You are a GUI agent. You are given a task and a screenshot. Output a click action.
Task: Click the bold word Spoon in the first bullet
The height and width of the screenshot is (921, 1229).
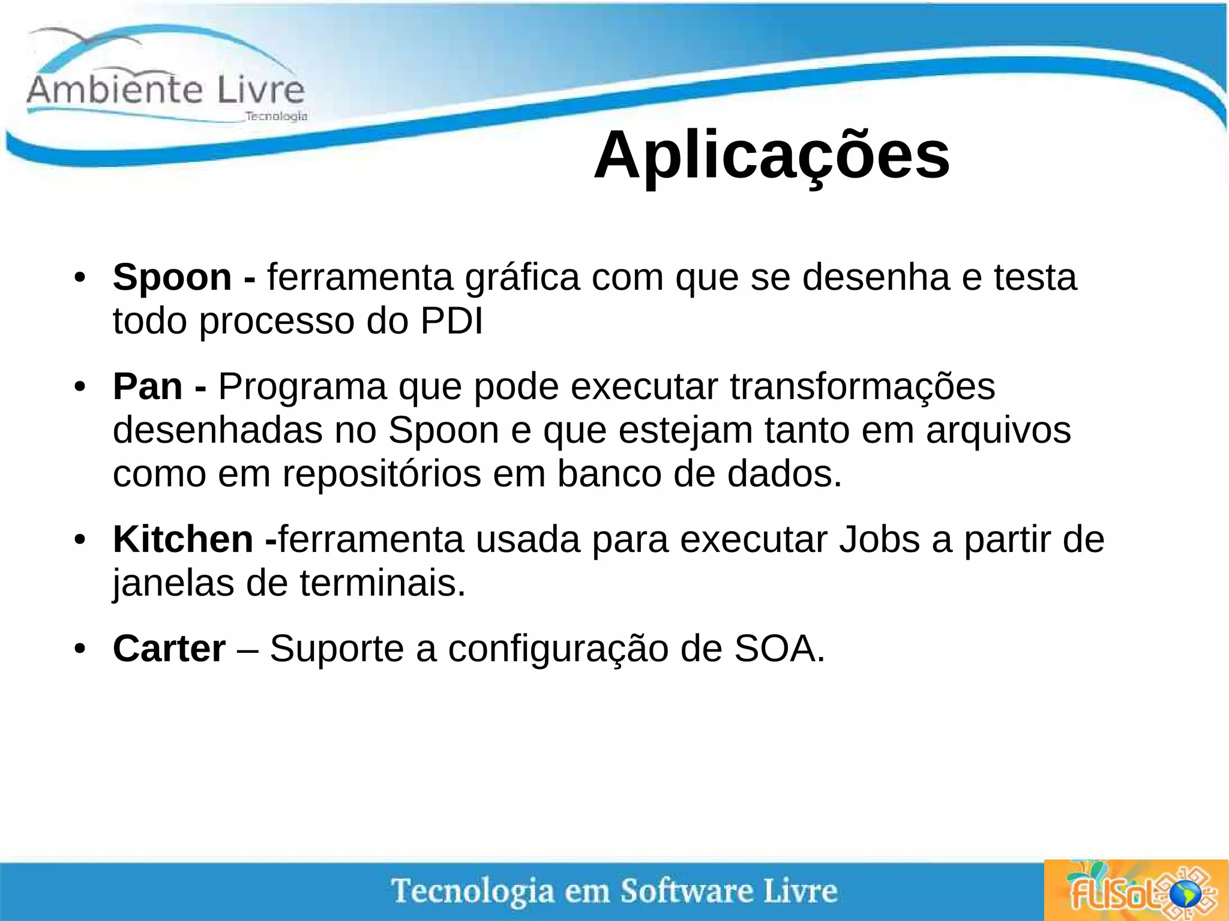[x=172, y=278]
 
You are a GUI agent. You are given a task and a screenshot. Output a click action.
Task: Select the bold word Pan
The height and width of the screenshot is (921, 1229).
[x=148, y=386]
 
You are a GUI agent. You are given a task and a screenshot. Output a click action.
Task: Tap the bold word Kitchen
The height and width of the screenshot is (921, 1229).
[x=183, y=539]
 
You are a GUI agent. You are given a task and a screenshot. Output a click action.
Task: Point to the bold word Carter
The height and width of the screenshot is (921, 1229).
[x=169, y=649]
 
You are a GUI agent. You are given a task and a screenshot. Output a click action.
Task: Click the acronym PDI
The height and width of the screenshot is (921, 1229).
[x=451, y=322]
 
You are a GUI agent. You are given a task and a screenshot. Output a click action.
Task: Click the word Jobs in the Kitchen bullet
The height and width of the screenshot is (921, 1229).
[x=879, y=539]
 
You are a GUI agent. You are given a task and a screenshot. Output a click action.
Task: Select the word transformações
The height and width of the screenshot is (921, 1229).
[x=862, y=386]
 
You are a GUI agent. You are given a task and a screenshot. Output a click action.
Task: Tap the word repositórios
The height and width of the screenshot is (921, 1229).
[x=382, y=474]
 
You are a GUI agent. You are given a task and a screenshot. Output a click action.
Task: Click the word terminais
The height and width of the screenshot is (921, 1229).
[x=382, y=583]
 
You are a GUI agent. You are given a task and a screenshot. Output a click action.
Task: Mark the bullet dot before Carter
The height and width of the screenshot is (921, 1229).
[x=80, y=649]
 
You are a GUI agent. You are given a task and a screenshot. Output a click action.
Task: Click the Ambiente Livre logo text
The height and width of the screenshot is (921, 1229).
[x=166, y=89]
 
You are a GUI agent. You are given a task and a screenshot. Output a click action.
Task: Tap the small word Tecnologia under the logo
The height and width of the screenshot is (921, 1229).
[x=276, y=116]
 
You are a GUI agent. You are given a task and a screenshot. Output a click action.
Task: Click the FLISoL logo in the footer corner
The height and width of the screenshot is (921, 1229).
[x=1135, y=891]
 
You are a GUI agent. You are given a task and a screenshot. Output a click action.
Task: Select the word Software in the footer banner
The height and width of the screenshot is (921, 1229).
[x=687, y=890]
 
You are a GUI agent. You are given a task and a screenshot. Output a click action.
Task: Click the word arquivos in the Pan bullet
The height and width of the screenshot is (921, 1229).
[x=998, y=430]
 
